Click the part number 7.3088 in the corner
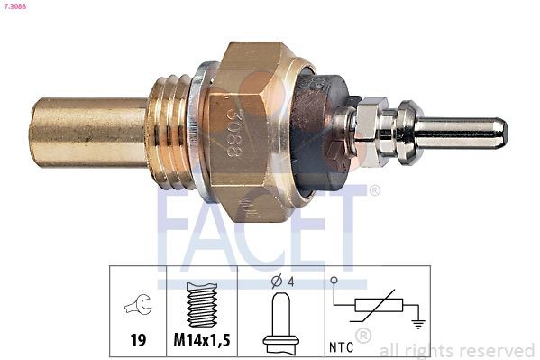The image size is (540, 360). point(15,6)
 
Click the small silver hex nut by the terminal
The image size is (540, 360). point(370,132)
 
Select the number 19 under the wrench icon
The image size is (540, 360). point(138,342)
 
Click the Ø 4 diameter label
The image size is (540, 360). point(279,280)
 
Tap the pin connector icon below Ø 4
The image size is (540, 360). point(280,320)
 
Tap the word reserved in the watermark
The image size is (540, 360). point(499,350)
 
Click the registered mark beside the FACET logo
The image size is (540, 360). point(374,190)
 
